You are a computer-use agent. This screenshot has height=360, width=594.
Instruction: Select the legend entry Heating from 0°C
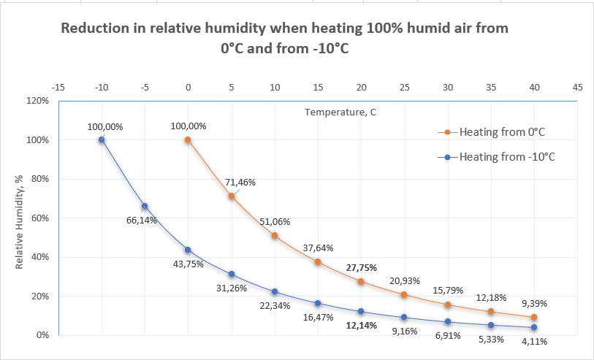pos(502,132)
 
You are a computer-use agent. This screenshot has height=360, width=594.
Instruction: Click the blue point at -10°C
pos(102,139)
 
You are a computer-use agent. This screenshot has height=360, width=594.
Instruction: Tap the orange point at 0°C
pos(188,139)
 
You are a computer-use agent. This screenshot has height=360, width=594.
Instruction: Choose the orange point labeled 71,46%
pos(232,196)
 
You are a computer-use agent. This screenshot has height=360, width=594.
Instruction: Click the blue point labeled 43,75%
pos(188,250)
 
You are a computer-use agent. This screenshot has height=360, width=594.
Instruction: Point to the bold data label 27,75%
pos(362,267)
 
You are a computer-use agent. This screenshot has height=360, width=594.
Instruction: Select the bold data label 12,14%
pos(361,326)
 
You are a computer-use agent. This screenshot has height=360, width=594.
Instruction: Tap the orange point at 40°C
pos(534,317)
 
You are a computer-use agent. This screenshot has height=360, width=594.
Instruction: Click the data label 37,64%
pos(318,247)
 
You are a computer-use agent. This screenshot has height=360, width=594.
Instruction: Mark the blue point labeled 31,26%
pos(232,274)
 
